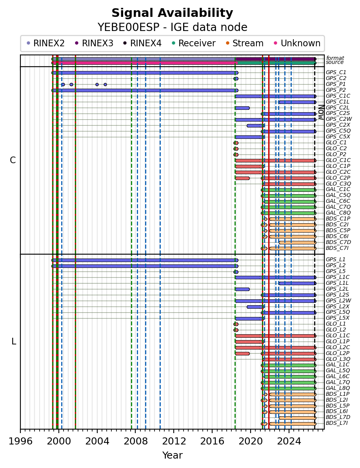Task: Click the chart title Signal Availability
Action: (x=172, y=13)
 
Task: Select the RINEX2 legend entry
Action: (x=45, y=43)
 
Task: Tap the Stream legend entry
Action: (x=244, y=43)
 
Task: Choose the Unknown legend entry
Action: (x=297, y=43)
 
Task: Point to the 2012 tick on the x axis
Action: (x=174, y=430)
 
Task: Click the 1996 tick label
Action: (x=20, y=441)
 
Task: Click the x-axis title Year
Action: (x=172, y=455)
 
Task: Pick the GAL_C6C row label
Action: (x=338, y=201)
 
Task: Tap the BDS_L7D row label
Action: (x=338, y=417)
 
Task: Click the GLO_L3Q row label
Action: (x=338, y=359)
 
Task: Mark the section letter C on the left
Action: (x=13, y=160)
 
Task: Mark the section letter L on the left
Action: (x=13, y=341)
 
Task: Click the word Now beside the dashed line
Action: (x=321, y=112)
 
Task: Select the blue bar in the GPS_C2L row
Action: (x=242, y=108)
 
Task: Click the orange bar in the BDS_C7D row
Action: (x=297, y=242)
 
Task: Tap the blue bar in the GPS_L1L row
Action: (x=297, y=283)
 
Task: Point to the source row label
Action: (x=335, y=62)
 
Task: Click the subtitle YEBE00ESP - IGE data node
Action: (x=172, y=27)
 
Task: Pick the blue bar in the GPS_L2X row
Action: (x=256, y=307)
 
